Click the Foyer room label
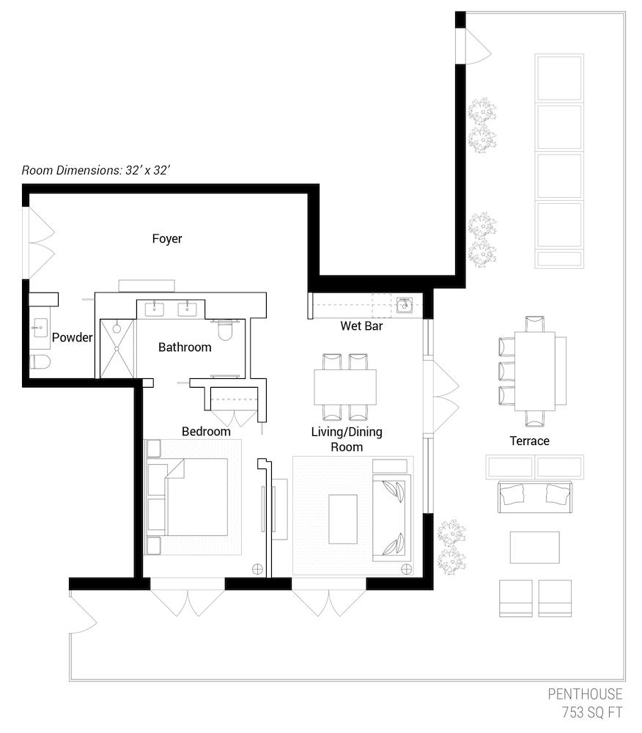pos(167,239)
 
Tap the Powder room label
pos(72,337)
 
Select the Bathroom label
pos(185,347)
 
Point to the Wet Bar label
pos(361,326)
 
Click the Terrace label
pos(529,441)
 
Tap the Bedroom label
pos(206,432)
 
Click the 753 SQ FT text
pos(592,712)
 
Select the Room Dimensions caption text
pos(95,170)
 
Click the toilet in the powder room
pos(40,362)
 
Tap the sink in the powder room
pos(40,328)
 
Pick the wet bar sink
pos(404,305)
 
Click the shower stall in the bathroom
pos(117,349)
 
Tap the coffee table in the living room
pos(343,519)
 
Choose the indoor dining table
pos(345,387)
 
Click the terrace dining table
pos(535,371)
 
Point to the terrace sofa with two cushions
pos(534,497)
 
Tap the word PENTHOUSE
pos(585,693)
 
